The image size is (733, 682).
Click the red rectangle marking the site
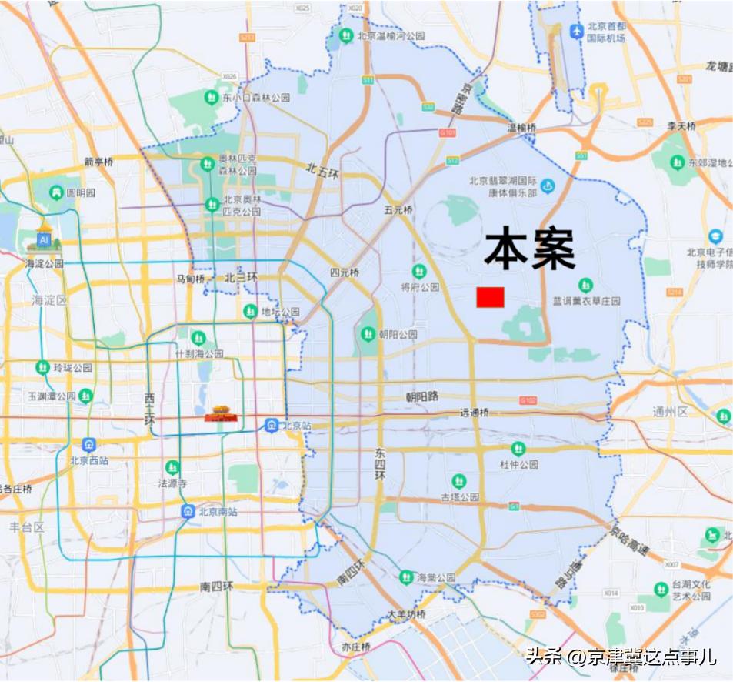[x=490, y=297]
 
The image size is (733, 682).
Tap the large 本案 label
[x=530, y=249]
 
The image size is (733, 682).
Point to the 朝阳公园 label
[x=398, y=334]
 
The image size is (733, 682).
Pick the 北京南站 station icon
[x=188, y=511]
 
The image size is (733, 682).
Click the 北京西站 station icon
[x=90, y=445]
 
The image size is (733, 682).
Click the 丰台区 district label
[x=28, y=527]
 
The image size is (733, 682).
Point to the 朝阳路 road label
[x=422, y=396]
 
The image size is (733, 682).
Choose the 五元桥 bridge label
[x=399, y=209]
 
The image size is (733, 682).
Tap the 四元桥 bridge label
[x=345, y=272]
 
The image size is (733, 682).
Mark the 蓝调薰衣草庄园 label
[x=586, y=300]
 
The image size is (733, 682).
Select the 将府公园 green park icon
[x=418, y=271]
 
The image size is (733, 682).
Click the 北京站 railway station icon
[x=272, y=425]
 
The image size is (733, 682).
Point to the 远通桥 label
[x=475, y=413]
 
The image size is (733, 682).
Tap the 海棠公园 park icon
[x=405, y=577]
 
